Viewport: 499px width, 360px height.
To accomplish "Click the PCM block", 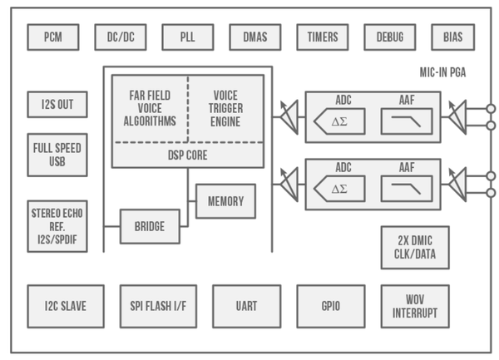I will click(x=53, y=37).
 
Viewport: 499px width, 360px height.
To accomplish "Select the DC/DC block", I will click(x=121, y=37).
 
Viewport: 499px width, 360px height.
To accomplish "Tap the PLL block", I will click(x=188, y=37).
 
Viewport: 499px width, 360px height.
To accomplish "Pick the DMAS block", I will click(x=255, y=37).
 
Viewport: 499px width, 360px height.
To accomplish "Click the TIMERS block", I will click(x=323, y=37).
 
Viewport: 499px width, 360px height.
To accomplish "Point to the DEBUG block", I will click(x=389, y=37).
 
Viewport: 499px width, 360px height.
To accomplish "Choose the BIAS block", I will click(x=452, y=37).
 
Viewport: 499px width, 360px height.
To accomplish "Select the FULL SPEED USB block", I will click(x=57, y=155).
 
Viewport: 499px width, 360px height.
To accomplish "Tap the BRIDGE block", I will click(x=150, y=226).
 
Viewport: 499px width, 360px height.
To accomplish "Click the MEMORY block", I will click(x=225, y=201).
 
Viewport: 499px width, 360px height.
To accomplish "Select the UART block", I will click(x=246, y=306).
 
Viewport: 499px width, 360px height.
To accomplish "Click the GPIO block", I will click(x=331, y=306).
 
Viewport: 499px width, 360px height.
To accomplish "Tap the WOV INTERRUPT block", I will click(x=415, y=306).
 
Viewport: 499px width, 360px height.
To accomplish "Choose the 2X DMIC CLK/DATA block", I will click(x=415, y=247).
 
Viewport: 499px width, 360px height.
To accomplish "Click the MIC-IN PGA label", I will click(x=442, y=73).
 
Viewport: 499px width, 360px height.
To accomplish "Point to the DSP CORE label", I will click(x=187, y=155).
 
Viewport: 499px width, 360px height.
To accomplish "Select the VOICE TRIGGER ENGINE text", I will click(x=225, y=109).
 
